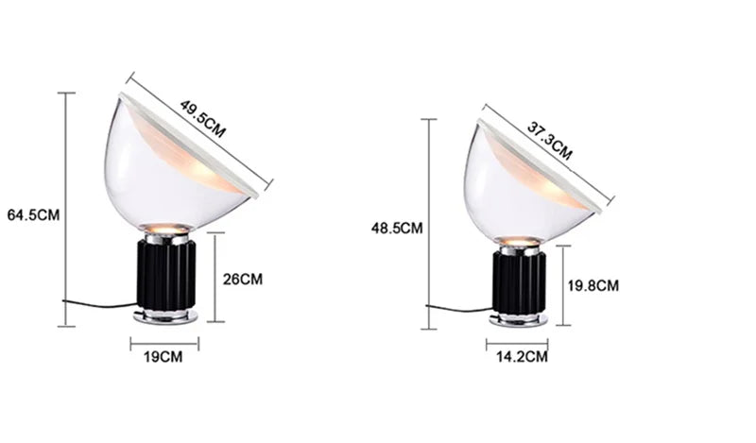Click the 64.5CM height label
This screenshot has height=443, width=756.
point(33,214)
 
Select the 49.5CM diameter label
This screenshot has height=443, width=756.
point(202,120)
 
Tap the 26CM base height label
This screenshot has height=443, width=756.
point(243,279)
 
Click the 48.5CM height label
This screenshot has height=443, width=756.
point(397,228)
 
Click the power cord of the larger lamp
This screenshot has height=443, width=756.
point(99,305)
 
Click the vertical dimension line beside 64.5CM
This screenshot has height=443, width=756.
point(66,209)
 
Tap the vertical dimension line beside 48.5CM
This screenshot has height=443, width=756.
point(430,222)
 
